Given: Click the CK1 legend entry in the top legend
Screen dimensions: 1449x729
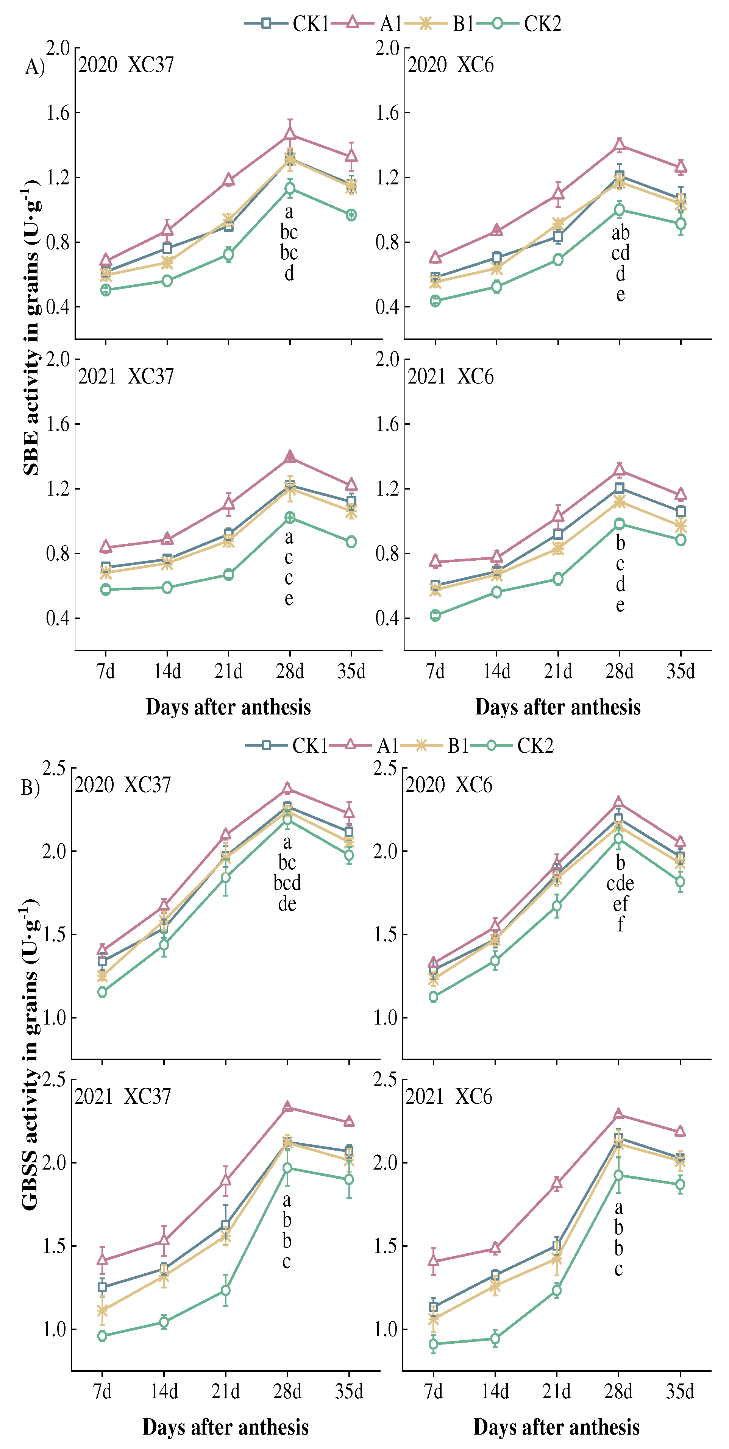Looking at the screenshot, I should pos(287,23).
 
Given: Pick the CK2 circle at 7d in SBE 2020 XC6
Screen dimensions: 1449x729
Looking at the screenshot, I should pos(435,301).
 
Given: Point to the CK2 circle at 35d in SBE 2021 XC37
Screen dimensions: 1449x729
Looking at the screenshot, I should pos(351,542).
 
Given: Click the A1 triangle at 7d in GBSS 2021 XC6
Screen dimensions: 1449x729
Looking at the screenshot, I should pos(433,1260).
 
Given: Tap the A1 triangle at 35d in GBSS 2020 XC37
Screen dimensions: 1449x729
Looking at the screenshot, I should pos(349,812).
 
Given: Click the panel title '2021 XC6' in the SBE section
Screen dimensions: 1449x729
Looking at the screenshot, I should pos(450,376).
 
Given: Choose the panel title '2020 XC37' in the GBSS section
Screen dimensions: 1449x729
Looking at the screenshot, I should pos(123,785).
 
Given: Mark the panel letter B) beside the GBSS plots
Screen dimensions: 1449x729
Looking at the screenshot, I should pos(30,788).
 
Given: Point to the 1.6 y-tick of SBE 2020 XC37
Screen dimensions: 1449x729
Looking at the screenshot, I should pos(58,112).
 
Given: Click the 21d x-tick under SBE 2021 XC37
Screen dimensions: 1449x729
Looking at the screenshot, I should pos(228,671).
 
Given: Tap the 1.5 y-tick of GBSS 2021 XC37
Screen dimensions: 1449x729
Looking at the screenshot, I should pos(55,1246).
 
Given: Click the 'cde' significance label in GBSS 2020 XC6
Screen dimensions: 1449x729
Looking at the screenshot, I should pos(620,883).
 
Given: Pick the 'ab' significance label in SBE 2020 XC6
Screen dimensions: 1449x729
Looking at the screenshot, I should pos(620,232).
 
